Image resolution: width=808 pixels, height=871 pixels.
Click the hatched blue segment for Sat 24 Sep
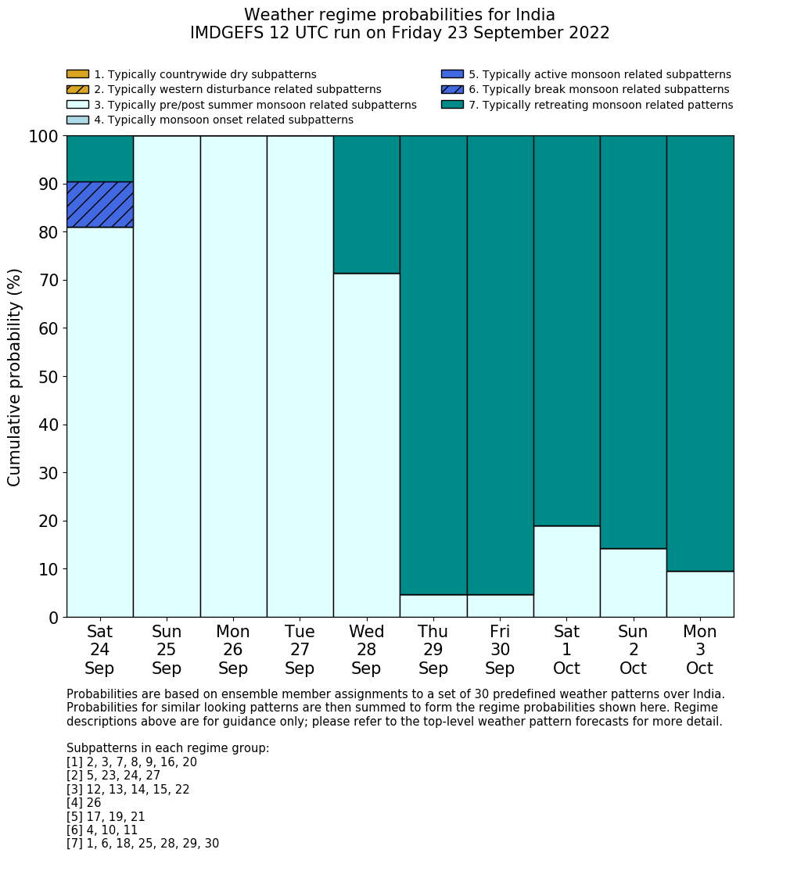[99, 205]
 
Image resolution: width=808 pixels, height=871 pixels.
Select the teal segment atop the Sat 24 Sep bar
[99, 159]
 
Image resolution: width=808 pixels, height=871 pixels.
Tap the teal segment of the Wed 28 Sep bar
[366, 204]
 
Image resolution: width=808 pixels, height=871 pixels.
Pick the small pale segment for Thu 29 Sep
[433, 606]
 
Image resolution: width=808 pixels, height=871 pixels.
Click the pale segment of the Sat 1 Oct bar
[566, 572]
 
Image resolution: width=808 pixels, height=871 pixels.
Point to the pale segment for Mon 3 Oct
[700, 594]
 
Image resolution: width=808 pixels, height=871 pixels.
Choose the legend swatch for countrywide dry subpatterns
[77, 74]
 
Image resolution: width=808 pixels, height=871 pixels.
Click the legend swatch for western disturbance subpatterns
[77, 90]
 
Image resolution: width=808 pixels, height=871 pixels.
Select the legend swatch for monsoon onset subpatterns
[77, 120]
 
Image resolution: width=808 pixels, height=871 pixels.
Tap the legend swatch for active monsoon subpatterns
[452, 74]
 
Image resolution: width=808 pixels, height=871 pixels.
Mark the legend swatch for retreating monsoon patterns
[452, 105]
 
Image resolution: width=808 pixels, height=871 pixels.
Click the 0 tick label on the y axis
[53, 618]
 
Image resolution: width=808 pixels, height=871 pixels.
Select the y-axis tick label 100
[44, 137]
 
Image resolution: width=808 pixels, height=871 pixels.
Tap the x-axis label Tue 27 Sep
[300, 650]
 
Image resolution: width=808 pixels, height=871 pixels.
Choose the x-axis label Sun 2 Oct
[633, 650]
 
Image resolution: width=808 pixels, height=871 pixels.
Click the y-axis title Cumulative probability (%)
[15, 377]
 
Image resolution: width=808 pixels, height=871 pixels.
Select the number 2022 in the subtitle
[589, 33]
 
